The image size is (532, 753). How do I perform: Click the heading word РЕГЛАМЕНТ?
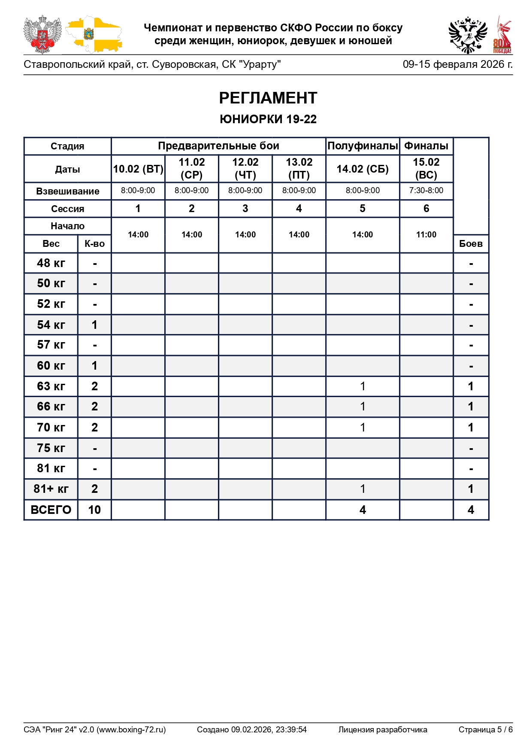tap(268, 98)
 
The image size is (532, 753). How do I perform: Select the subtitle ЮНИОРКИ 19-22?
tap(268, 119)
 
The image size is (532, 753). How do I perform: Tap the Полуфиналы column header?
tap(363, 146)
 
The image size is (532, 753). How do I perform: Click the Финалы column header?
tap(426, 146)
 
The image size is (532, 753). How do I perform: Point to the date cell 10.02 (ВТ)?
tap(138, 169)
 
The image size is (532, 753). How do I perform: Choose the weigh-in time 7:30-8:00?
tap(426, 191)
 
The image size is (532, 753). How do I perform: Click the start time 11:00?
tap(426, 234)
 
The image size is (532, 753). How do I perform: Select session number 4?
tap(299, 209)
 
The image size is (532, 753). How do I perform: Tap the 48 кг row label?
tap(51, 263)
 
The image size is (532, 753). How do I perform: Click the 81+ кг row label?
tap(51, 489)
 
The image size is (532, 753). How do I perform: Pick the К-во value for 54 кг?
tap(94, 325)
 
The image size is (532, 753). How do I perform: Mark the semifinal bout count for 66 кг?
tap(363, 407)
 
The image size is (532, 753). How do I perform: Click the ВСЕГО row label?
tap(51, 510)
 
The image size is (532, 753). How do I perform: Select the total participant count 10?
tap(94, 510)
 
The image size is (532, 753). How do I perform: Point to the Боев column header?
tap(471, 243)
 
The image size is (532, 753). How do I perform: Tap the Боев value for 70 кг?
tap(471, 427)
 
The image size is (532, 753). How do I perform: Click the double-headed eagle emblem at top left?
tap(42, 34)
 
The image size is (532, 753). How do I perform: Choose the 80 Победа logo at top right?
tap(502, 35)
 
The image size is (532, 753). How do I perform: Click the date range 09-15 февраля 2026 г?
tap(457, 64)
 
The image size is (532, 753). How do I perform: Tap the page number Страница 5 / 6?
tap(485, 729)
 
